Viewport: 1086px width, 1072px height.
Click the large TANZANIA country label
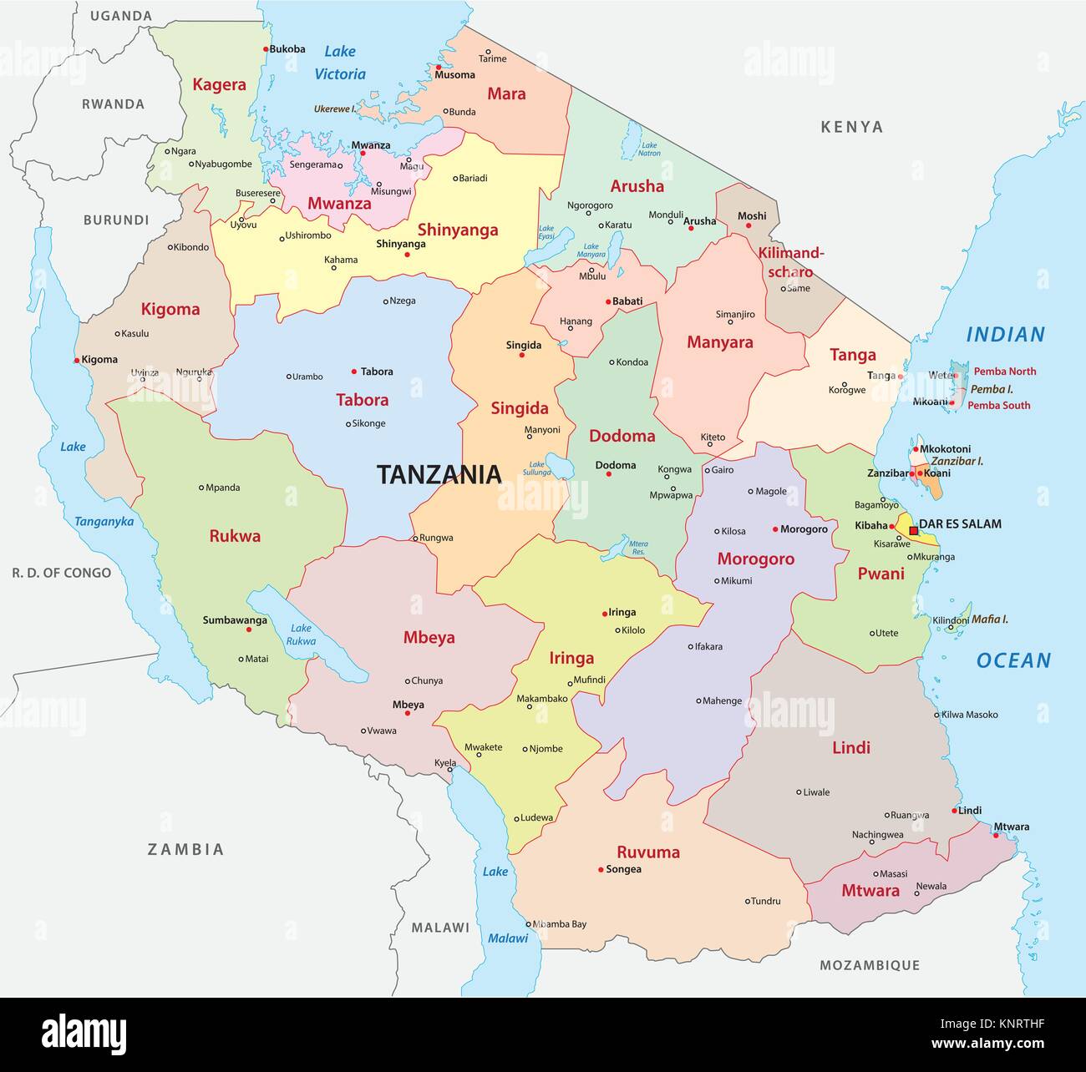point(439,474)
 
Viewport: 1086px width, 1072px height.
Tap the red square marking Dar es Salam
point(913,530)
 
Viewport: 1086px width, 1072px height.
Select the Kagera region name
point(219,84)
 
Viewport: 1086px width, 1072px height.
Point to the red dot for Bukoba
point(266,49)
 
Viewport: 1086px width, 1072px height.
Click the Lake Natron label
point(648,149)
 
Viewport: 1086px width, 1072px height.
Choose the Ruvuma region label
point(648,852)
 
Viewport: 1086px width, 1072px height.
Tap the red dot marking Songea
point(601,870)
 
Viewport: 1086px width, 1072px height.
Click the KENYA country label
point(851,127)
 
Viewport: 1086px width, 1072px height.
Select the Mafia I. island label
point(989,619)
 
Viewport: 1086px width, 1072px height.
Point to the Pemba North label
point(1005,372)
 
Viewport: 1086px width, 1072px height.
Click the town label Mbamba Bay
point(560,924)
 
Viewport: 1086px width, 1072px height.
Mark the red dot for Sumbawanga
point(248,629)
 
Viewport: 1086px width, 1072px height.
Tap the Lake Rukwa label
point(301,635)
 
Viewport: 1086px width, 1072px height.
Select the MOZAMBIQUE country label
point(870,965)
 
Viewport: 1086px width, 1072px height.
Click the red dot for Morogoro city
point(775,529)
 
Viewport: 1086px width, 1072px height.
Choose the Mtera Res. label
point(638,548)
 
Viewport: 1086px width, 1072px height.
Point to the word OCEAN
point(1013,660)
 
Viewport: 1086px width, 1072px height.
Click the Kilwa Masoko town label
point(969,715)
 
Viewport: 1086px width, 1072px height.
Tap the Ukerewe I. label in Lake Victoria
point(335,109)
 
